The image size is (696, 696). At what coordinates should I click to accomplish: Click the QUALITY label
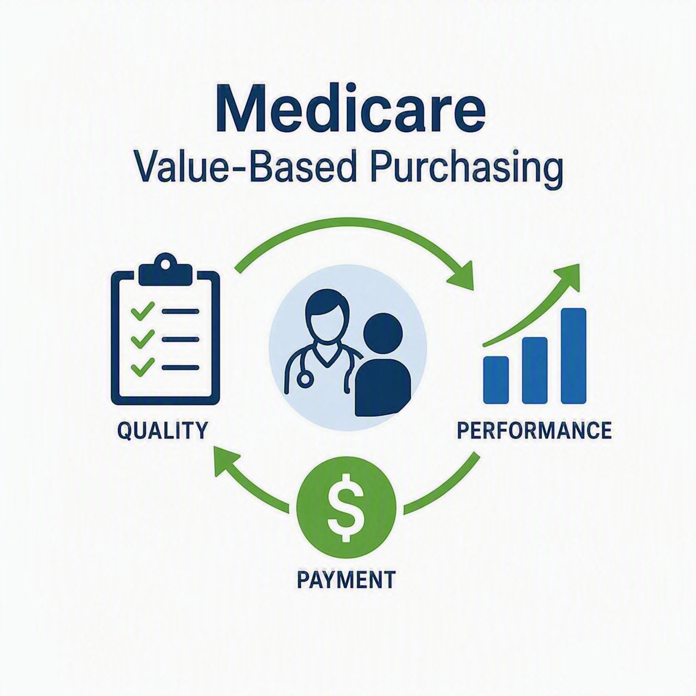pos(163,430)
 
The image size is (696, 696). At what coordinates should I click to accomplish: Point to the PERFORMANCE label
pos(534,430)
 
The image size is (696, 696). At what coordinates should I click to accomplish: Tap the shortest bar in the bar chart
pos(496,380)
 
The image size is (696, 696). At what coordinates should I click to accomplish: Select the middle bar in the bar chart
pos(534,370)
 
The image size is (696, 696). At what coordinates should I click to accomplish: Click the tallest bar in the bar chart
pos(573,356)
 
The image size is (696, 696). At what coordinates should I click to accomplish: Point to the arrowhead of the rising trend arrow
pos(566,279)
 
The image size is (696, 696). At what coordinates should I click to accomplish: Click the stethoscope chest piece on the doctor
pos(305,379)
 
